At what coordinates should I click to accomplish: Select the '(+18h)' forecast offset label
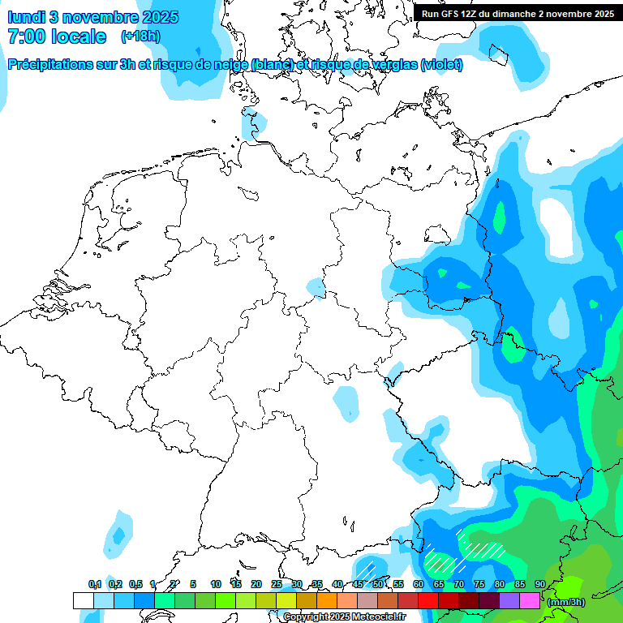140,37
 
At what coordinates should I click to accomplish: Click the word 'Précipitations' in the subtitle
49,65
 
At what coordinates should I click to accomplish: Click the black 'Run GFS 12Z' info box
517,13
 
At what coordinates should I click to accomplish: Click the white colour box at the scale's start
83,601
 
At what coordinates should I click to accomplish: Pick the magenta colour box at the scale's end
530,601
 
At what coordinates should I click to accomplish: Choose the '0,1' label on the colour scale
94,584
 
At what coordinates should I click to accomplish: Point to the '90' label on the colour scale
539,584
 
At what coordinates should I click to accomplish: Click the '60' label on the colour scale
418,584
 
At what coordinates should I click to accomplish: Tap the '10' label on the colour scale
215,584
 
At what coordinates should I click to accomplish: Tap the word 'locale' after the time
79,37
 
